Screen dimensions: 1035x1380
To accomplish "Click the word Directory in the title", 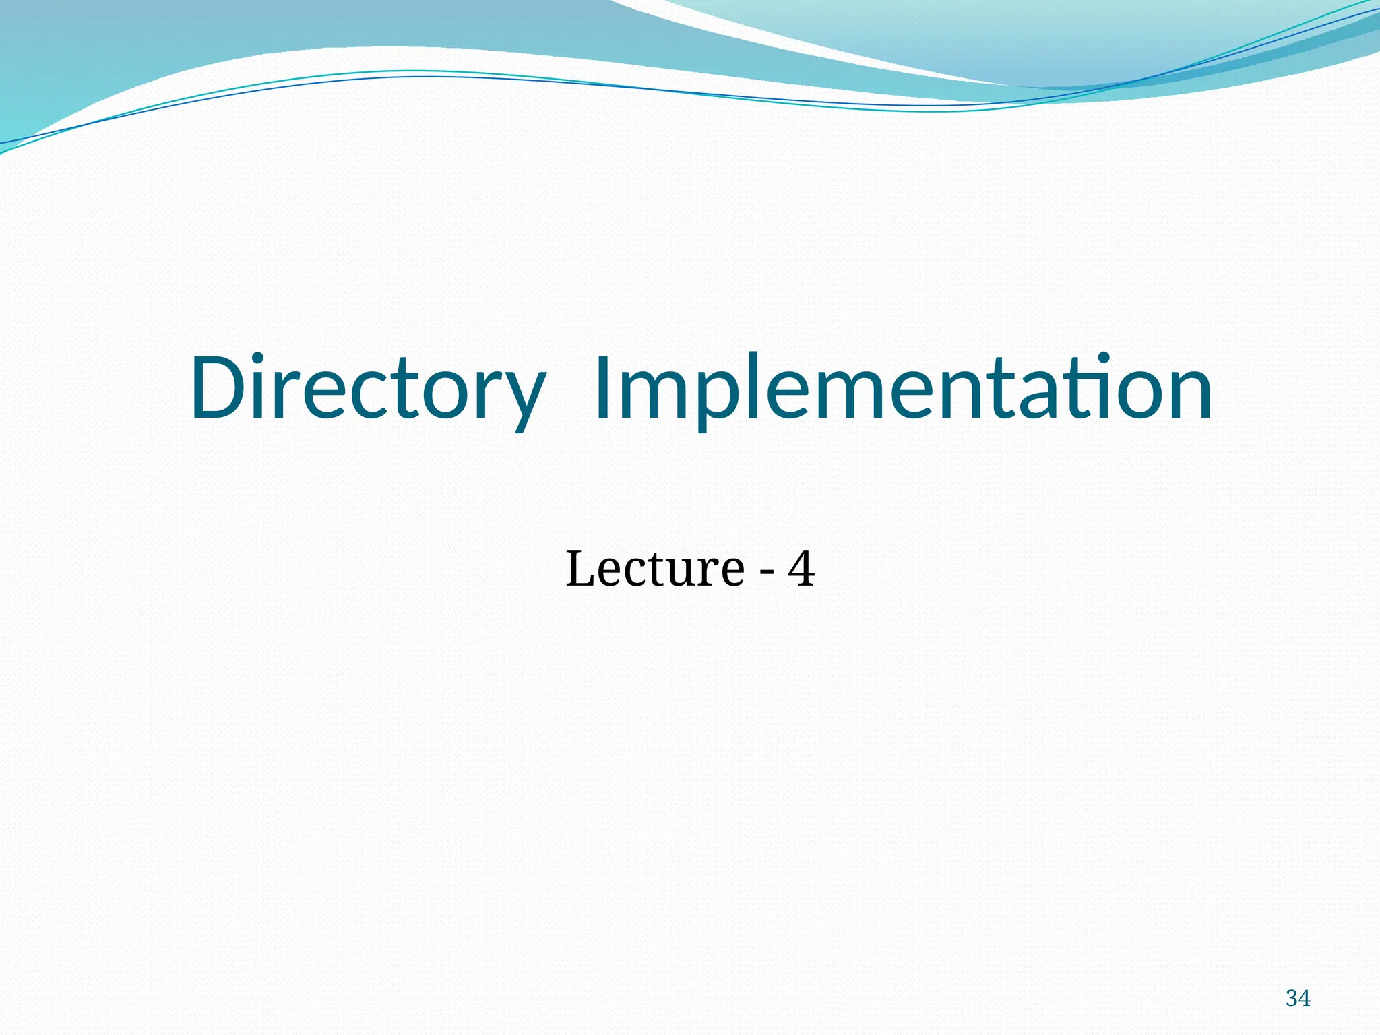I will tap(367, 389).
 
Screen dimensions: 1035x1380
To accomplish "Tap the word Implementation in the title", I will tap(903, 389).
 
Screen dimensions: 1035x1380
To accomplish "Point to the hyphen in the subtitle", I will tap(766, 573).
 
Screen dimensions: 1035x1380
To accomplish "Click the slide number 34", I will tap(1298, 998).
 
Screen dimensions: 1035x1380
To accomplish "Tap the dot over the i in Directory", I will tap(268, 358).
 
